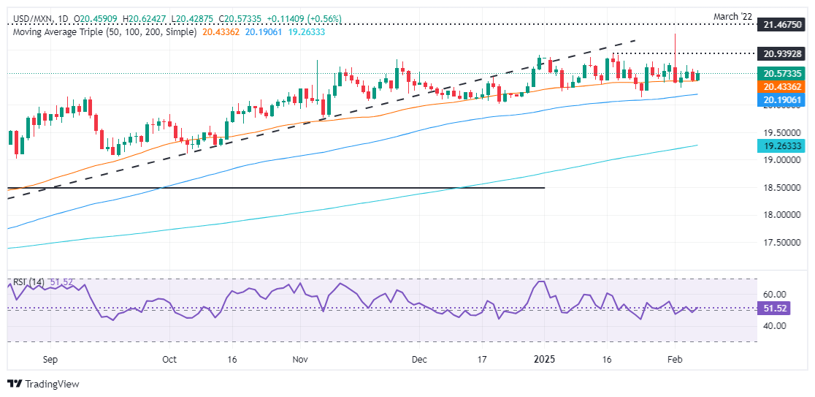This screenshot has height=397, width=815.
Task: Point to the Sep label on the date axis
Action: pyautogui.click(x=50, y=360)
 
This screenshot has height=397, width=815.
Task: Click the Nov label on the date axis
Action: pyautogui.click(x=300, y=360)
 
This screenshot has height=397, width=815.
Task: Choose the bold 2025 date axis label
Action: pyautogui.click(x=545, y=360)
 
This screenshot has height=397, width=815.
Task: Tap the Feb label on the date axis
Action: pyautogui.click(x=675, y=360)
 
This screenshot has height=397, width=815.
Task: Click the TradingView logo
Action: pyautogui.click(x=43, y=384)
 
